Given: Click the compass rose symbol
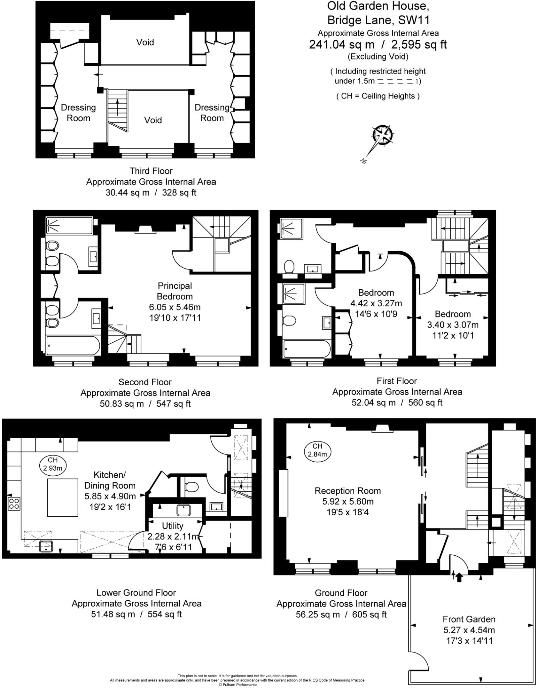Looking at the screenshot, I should [383, 135].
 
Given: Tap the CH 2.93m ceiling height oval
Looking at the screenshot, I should [53, 464].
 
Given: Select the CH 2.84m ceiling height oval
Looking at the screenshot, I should [317, 450].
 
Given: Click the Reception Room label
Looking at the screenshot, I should [348, 491].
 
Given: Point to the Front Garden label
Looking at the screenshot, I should [469, 619].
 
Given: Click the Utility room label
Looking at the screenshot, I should [173, 526].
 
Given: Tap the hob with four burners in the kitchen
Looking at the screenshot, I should [14, 503].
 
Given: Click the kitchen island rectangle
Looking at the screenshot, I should [62, 497].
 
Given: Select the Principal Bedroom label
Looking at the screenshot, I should [175, 291].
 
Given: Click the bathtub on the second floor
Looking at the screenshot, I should [73, 345].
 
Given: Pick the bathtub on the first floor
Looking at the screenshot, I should [307, 349].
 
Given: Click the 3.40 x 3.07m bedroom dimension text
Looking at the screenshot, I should [453, 325].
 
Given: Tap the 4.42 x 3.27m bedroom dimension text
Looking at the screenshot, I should [376, 303].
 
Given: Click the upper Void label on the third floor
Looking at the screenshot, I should [145, 42].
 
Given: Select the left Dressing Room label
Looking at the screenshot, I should [78, 113].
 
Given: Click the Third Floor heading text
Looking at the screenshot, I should [151, 171].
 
